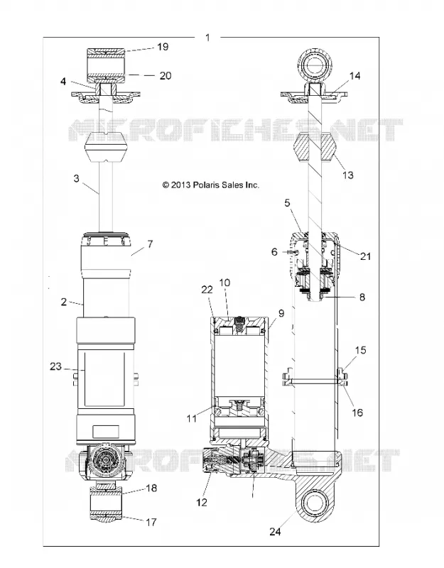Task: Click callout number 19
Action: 163,47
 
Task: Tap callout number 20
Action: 166,76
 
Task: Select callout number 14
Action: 354,76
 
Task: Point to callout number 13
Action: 347,175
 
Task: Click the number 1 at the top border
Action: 207,38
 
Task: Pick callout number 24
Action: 275,531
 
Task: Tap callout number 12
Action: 202,502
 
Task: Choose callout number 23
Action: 56,366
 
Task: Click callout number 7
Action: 150,244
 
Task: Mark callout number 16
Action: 357,413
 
